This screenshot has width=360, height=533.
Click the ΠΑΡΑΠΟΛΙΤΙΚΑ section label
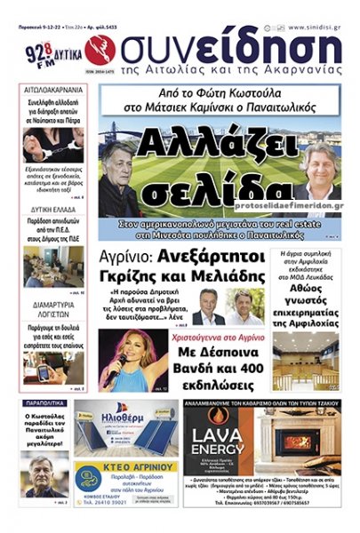[44, 404]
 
